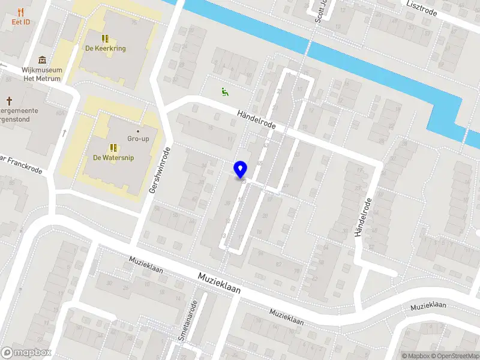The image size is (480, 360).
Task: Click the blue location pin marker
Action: pos(241,170)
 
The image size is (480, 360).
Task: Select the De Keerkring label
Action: pos(105,49)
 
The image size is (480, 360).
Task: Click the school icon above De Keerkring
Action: pos(105,38)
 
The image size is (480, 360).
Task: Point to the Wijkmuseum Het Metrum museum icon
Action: pos(42,59)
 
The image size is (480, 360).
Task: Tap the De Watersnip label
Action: pos(113,158)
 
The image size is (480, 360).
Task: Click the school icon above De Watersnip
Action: pos(113,148)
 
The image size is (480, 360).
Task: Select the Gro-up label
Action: pos(138,139)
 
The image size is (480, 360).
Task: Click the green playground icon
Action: pos(224,92)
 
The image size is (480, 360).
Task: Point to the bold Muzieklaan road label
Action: pos(219,283)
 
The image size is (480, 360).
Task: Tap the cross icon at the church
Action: pos(10,100)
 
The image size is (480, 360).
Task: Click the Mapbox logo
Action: pos(26,353)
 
